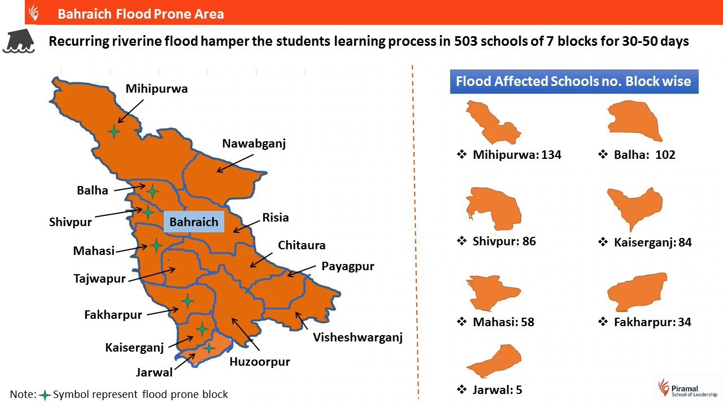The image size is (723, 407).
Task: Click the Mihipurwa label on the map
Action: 156,89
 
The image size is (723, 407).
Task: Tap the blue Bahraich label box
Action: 194,222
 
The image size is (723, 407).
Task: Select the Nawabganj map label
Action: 254,144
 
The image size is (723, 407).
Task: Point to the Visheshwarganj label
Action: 358,338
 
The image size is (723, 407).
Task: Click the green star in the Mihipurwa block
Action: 114,132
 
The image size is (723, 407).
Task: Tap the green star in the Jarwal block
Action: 209,348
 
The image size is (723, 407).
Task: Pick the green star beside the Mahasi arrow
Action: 156,245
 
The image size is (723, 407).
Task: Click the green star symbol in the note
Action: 45,395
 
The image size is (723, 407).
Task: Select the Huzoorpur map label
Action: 259,362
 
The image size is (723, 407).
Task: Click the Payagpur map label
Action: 348,266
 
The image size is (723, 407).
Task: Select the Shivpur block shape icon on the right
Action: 493,209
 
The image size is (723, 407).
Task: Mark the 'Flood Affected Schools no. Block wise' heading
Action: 573,81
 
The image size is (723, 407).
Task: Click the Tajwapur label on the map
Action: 99,279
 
